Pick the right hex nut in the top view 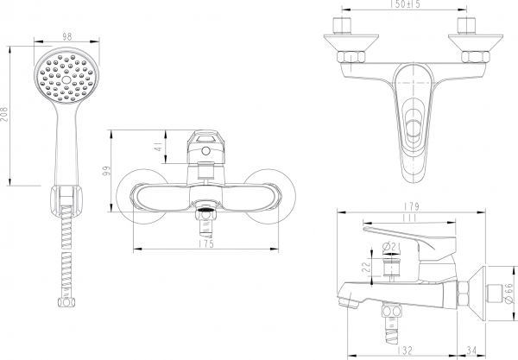pyautogui.click(x=472, y=59)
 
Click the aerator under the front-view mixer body pyautogui.click(x=206, y=211)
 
